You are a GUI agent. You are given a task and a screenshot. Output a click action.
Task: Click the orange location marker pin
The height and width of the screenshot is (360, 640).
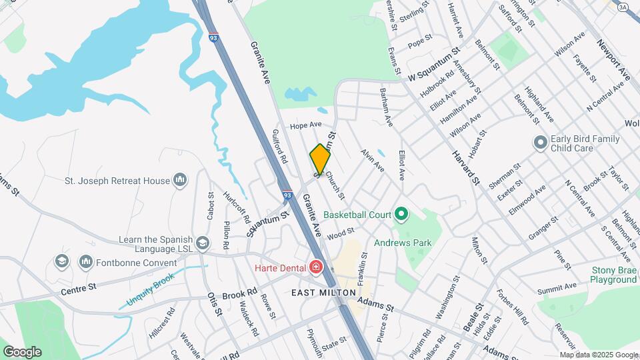pyautogui.click(x=320, y=159)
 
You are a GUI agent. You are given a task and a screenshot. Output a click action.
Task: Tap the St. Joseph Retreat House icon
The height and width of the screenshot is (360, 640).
pyautogui.click(x=179, y=180)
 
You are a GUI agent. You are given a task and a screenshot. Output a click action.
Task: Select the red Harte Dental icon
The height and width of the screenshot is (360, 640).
pyautogui.click(x=315, y=268)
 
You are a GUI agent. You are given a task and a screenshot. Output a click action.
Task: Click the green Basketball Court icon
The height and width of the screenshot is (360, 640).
pyautogui.click(x=401, y=215)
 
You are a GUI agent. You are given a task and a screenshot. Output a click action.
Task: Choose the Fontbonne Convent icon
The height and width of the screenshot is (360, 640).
pyautogui.click(x=85, y=261)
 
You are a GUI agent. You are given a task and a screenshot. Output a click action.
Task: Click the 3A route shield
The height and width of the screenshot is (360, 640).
pyautogui.click(x=623, y=7)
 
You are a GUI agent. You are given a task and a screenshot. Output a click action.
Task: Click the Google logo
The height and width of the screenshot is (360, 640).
pyautogui.click(x=22, y=351)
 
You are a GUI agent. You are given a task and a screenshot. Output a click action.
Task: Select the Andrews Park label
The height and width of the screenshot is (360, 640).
pyautogui.click(x=403, y=243)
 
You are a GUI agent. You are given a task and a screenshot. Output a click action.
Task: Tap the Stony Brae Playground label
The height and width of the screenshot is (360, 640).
pyautogui.click(x=614, y=275)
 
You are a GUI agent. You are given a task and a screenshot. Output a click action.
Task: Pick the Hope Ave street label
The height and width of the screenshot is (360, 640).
pyautogui.click(x=306, y=125)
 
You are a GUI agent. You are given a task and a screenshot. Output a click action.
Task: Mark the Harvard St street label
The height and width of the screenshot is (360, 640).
pyautogui.click(x=466, y=167)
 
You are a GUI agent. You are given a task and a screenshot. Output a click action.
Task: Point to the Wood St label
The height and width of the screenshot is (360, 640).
pyautogui.click(x=340, y=234)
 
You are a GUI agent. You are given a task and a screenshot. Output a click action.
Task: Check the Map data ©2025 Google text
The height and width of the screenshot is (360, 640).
pyautogui.click(x=598, y=355)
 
